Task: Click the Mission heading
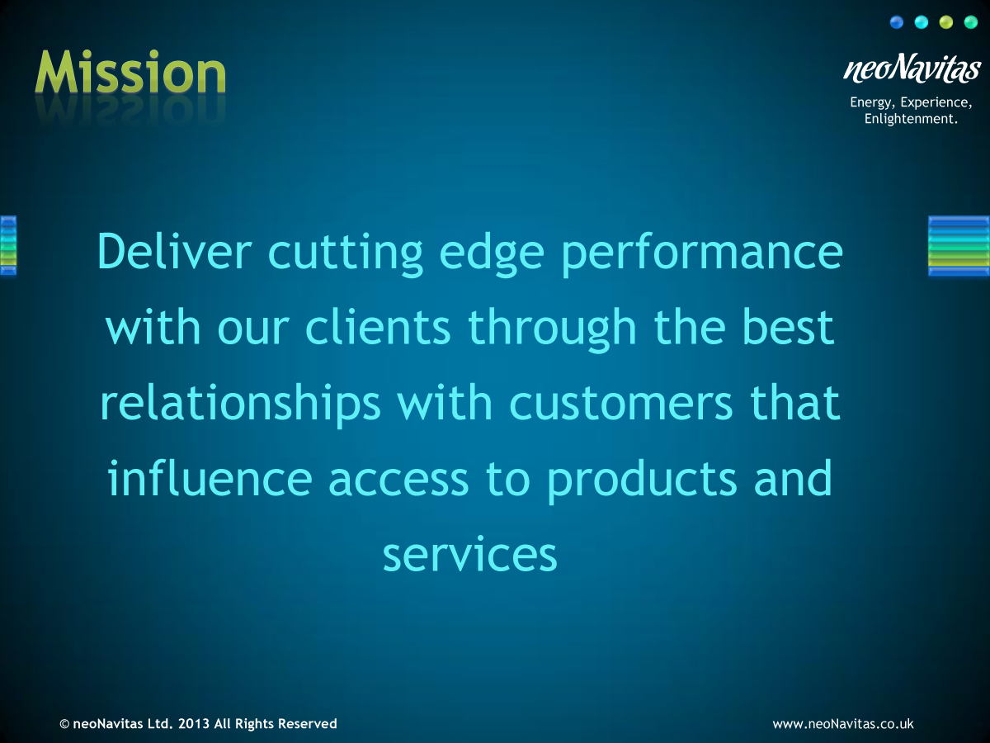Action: [130, 74]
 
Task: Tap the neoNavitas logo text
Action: [912, 69]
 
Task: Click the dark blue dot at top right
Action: [897, 22]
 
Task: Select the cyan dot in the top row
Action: [922, 22]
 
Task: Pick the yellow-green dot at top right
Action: [946, 22]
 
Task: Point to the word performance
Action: [701, 254]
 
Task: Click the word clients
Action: [379, 328]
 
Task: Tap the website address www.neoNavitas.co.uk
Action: [842, 724]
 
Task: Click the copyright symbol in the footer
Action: [64, 724]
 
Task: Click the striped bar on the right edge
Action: [958, 245]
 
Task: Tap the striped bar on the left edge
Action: [8, 245]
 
